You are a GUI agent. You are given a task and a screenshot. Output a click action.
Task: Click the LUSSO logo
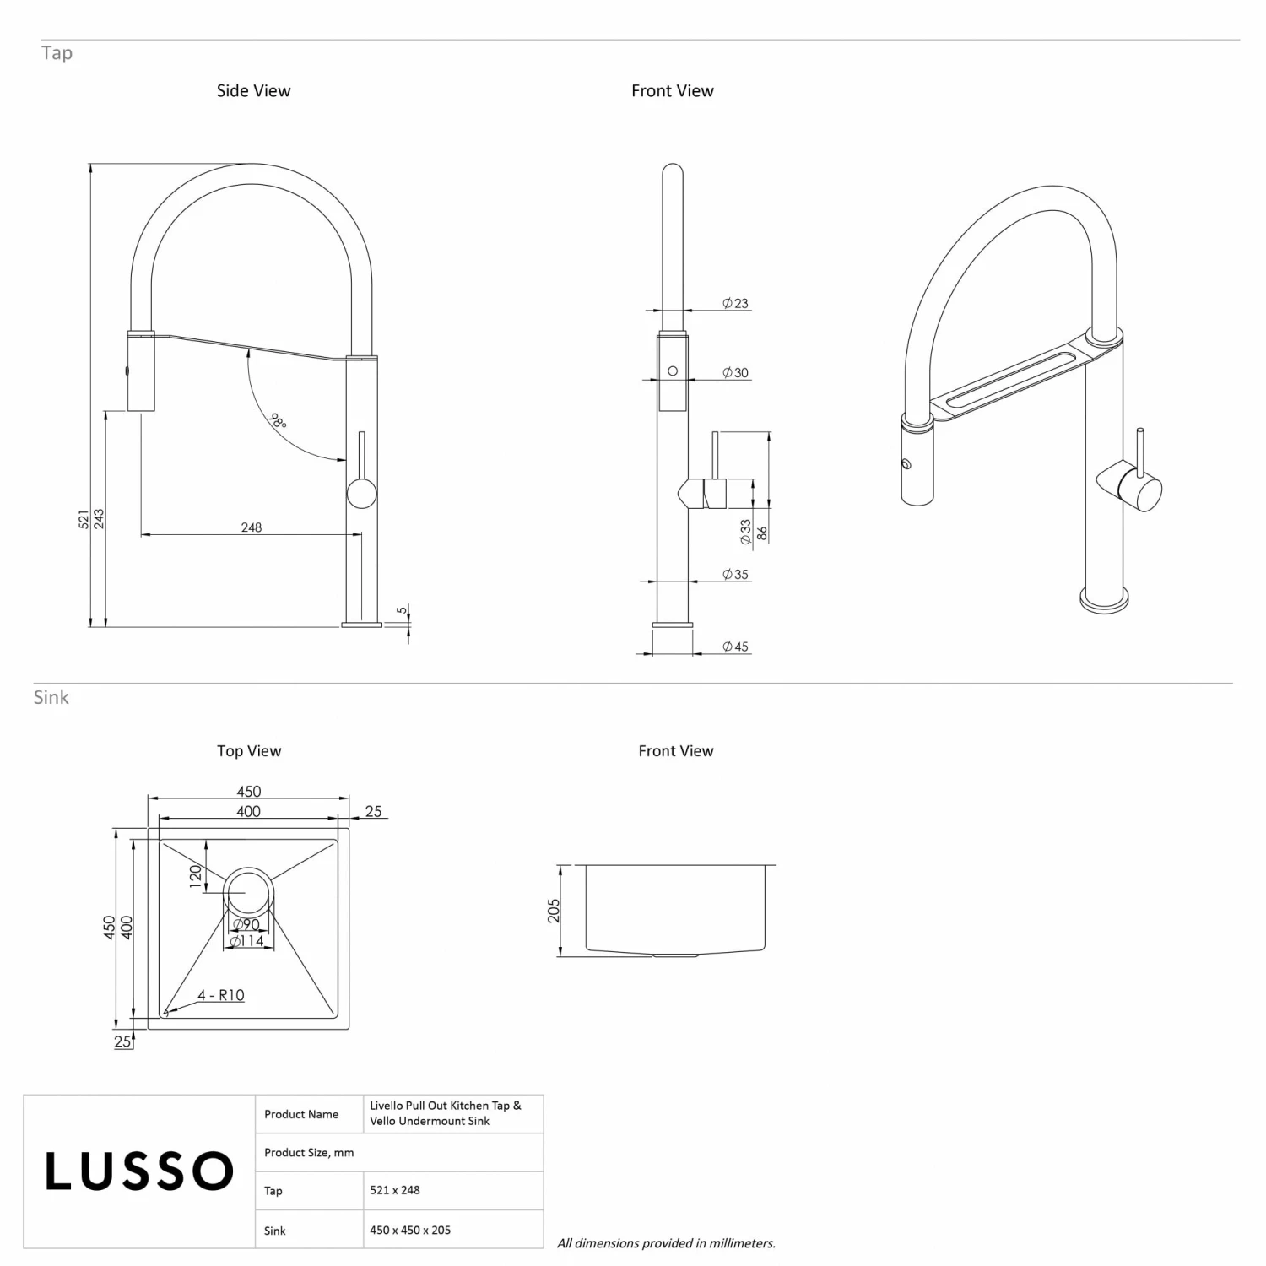[139, 1171]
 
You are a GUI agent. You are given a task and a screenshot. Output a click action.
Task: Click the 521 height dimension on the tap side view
[84, 519]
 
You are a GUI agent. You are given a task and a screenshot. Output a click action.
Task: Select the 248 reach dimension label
[252, 527]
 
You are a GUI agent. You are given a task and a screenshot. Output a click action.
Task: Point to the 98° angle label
[278, 419]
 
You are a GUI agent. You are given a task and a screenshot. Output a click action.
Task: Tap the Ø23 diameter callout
[736, 304]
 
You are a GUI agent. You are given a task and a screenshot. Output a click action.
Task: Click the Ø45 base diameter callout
[736, 647]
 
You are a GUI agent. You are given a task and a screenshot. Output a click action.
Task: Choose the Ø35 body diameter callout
[736, 575]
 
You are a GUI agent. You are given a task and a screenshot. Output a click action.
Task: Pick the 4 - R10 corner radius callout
[220, 995]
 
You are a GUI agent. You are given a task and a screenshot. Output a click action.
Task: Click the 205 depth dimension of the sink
[554, 911]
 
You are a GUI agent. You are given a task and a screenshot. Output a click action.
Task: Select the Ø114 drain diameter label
[247, 941]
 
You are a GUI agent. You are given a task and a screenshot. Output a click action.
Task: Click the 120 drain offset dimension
[196, 876]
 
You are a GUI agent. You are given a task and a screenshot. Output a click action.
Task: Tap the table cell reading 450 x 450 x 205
[410, 1230]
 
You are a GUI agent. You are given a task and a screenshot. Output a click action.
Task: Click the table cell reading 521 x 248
[395, 1190]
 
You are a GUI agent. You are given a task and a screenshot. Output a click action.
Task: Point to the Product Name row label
[301, 1114]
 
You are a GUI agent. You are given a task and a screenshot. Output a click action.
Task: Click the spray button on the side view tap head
[127, 370]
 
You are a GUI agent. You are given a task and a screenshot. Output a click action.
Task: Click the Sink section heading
[51, 697]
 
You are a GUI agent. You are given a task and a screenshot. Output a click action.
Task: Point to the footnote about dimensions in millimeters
[666, 1243]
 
